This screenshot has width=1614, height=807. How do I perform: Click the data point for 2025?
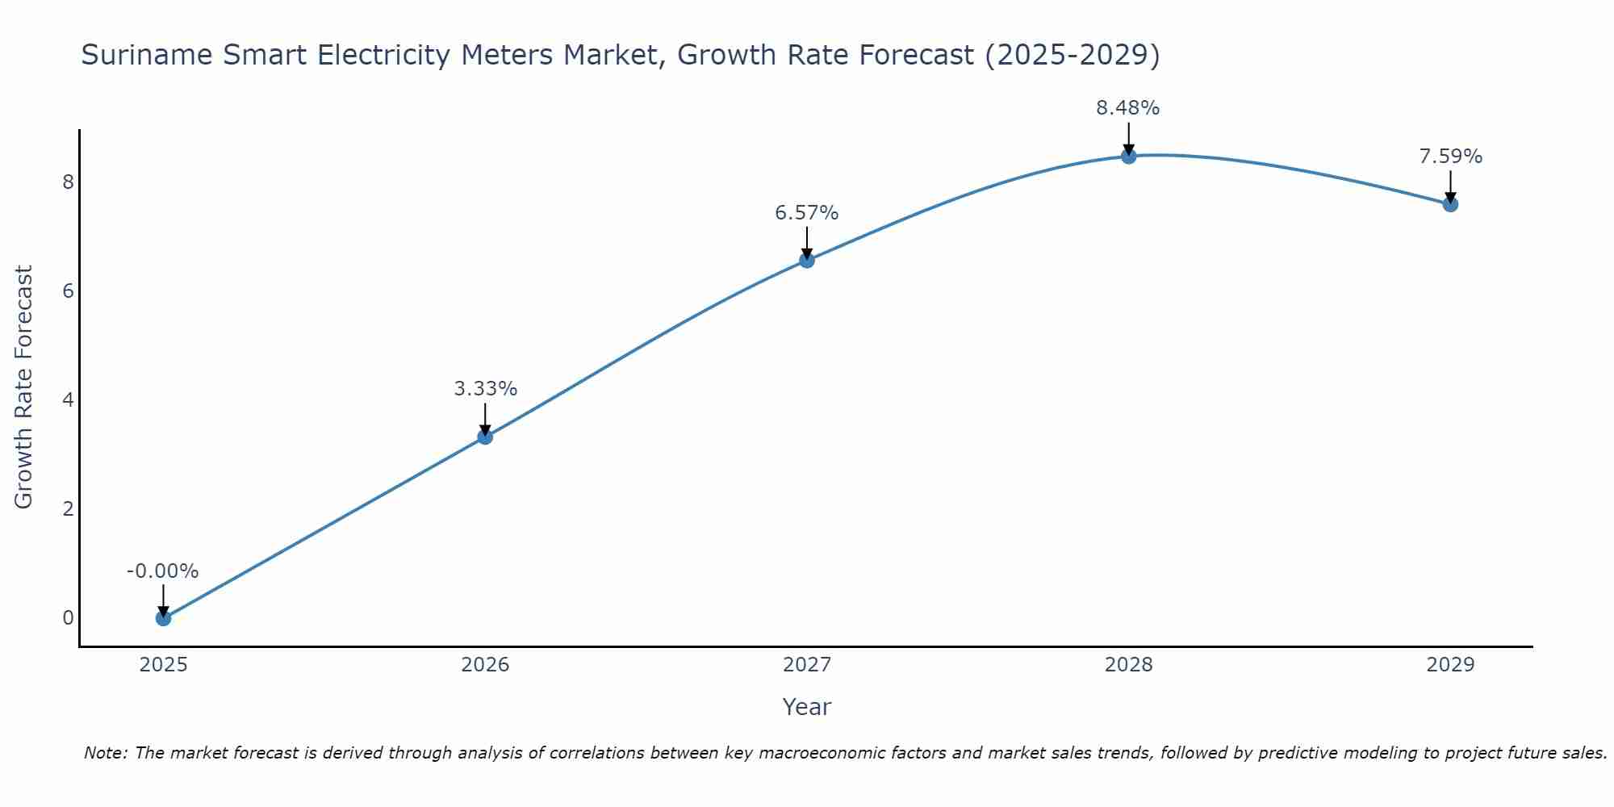[163, 618]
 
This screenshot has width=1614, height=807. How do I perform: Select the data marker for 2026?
[485, 437]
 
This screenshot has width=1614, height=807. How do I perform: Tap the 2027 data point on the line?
[807, 260]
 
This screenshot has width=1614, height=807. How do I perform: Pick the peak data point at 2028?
[1128, 156]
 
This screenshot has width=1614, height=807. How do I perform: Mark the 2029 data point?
[1450, 204]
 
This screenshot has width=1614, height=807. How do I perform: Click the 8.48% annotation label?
[1127, 108]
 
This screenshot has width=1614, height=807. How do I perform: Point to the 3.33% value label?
[485, 389]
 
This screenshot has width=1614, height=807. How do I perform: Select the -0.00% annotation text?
[163, 571]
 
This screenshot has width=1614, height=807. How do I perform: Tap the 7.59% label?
[1450, 157]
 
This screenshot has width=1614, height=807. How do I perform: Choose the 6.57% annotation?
[807, 213]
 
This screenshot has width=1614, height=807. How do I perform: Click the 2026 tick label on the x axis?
[485, 665]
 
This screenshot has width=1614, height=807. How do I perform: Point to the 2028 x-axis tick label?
[1128, 665]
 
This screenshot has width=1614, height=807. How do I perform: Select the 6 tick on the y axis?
[68, 291]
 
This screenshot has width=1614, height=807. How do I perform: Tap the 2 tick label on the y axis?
[68, 508]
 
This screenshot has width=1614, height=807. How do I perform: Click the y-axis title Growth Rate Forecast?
[24, 387]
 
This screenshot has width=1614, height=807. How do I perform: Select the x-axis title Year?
[807, 707]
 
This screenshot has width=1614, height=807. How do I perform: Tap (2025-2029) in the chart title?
[1073, 55]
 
